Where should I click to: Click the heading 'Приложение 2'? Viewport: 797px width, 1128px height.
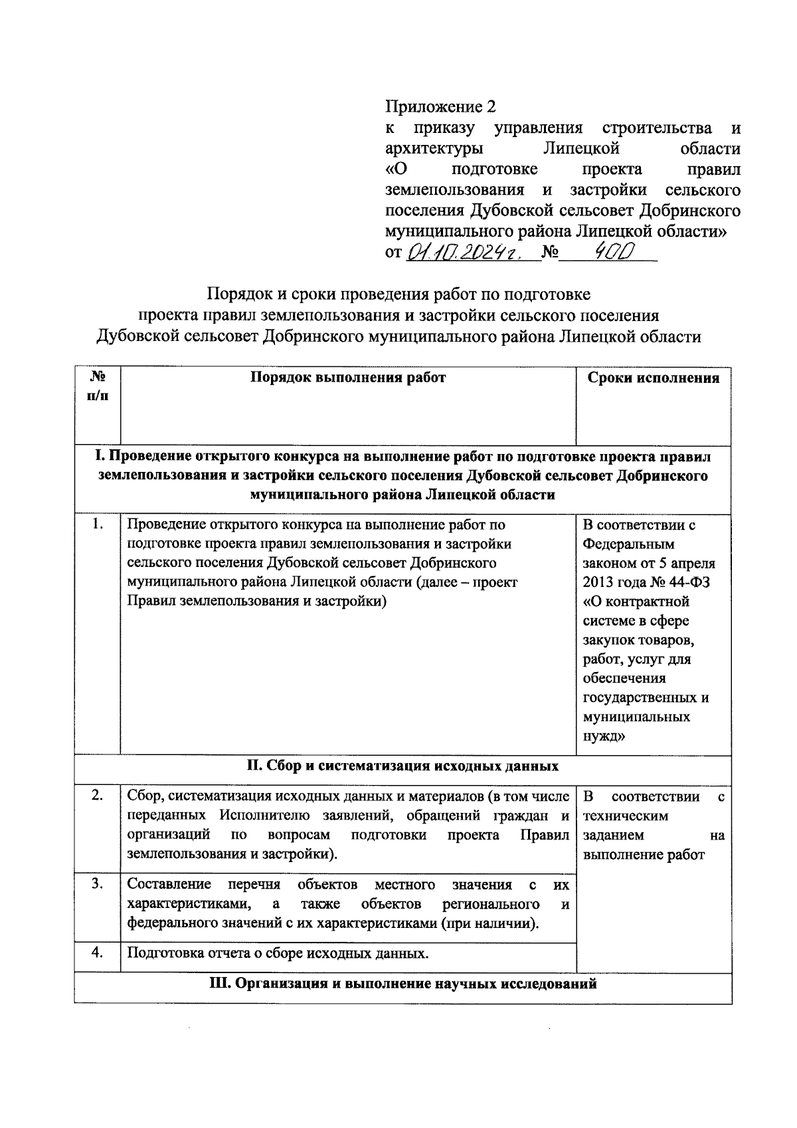tap(440, 106)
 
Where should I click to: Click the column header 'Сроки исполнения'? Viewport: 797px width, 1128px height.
tap(654, 378)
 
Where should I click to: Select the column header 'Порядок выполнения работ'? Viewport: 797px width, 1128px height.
tap(348, 378)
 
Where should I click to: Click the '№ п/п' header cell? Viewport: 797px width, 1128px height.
tap(98, 386)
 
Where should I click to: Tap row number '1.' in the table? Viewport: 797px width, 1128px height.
tap(98, 524)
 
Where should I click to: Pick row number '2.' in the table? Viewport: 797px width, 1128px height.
tap(98, 796)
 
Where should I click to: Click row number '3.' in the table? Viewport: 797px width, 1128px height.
tap(98, 884)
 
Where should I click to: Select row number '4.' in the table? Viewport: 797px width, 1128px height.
tap(98, 953)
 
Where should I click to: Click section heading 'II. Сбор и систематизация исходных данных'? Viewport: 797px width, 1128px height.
tap(402, 765)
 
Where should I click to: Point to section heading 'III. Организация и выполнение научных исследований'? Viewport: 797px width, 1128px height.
tap(402, 984)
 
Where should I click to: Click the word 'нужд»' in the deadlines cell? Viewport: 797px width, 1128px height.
tap(603, 736)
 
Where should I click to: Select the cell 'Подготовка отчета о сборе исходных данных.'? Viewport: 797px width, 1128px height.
tap(278, 954)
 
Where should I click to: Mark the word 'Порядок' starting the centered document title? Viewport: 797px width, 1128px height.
tap(236, 294)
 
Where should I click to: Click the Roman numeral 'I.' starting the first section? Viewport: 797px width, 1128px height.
tap(100, 457)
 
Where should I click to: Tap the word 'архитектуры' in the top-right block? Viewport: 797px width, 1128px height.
tap(434, 148)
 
